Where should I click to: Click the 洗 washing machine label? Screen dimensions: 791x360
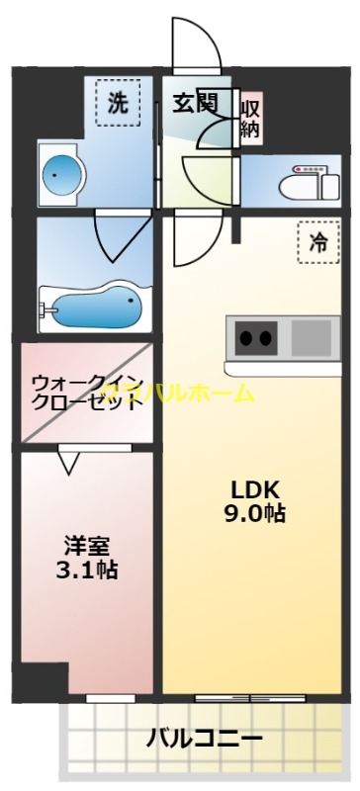118,104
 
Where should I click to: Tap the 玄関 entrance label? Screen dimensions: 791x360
197,103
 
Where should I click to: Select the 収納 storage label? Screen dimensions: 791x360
250,117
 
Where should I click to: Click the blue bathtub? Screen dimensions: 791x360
94,308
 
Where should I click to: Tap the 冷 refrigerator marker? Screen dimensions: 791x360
317,243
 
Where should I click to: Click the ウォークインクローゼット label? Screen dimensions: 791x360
85,393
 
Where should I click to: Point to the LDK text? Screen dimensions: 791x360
257,489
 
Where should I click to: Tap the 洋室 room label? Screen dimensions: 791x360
87,545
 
